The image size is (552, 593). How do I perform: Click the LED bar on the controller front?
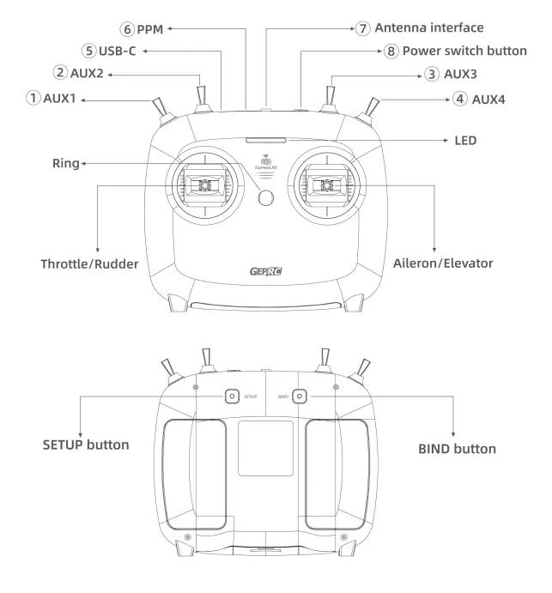tap(267, 137)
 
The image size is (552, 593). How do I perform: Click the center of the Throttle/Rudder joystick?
tap(206, 185)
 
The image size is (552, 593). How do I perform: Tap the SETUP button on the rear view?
tap(232, 396)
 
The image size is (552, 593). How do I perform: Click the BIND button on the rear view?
tap(300, 396)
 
